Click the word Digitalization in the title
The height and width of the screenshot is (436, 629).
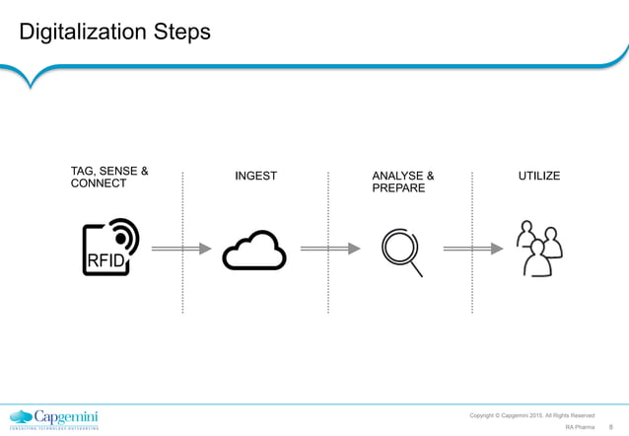click(82, 32)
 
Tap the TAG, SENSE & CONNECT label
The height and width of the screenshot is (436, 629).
click(109, 177)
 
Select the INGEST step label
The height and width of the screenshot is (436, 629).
click(255, 177)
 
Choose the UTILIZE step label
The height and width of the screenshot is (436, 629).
click(539, 177)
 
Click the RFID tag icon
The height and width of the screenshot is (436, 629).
click(110, 248)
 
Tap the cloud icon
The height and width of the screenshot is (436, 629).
click(254, 253)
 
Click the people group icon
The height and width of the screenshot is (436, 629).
click(539, 248)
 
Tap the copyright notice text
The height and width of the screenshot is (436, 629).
click(531, 415)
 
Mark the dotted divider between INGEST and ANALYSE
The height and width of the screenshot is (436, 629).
click(327, 242)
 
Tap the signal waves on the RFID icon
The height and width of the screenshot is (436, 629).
click(126, 235)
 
